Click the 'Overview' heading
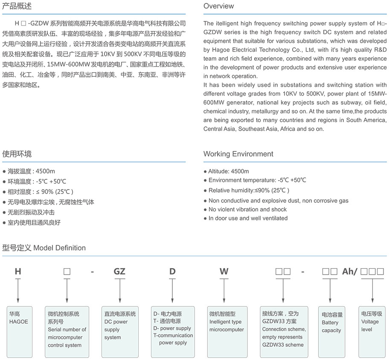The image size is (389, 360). (218, 6)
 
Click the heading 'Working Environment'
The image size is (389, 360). (238, 154)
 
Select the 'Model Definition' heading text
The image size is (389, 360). (59, 248)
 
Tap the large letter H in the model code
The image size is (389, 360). (18, 271)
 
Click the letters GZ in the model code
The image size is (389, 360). (119, 271)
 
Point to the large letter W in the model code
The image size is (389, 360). (224, 271)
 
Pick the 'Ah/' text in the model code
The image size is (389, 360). (350, 271)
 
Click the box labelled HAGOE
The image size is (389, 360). (19, 331)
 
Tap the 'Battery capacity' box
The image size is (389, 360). (332, 331)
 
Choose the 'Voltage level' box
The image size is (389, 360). (372, 331)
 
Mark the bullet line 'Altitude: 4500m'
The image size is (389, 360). (228, 171)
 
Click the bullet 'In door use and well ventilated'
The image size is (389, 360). (248, 218)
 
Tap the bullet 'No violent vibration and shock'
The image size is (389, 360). (247, 209)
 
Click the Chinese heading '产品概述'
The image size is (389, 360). (17, 6)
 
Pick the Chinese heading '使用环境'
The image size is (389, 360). (17, 154)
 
